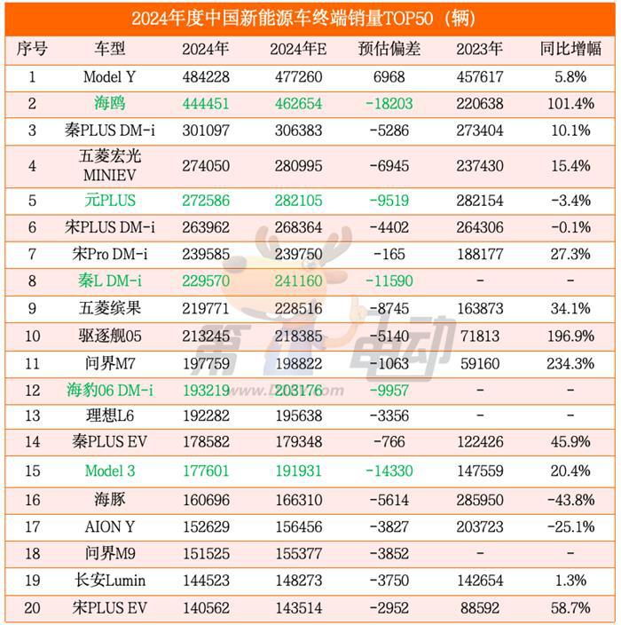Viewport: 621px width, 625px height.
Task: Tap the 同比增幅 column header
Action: [x=570, y=50]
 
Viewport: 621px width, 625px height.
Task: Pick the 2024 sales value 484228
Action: [x=205, y=77]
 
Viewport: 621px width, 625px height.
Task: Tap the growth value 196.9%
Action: [x=570, y=336]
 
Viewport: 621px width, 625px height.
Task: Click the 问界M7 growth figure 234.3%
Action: [x=570, y=363]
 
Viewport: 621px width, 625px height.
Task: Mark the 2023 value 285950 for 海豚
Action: [x=479, y=500]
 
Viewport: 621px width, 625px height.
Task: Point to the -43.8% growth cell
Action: [x=570, y=500]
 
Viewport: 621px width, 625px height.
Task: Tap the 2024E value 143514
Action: [x=298, y=608]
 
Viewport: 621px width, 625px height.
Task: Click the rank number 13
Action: [x=32, y=416]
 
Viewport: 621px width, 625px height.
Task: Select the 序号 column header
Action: [x=32, y=50]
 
